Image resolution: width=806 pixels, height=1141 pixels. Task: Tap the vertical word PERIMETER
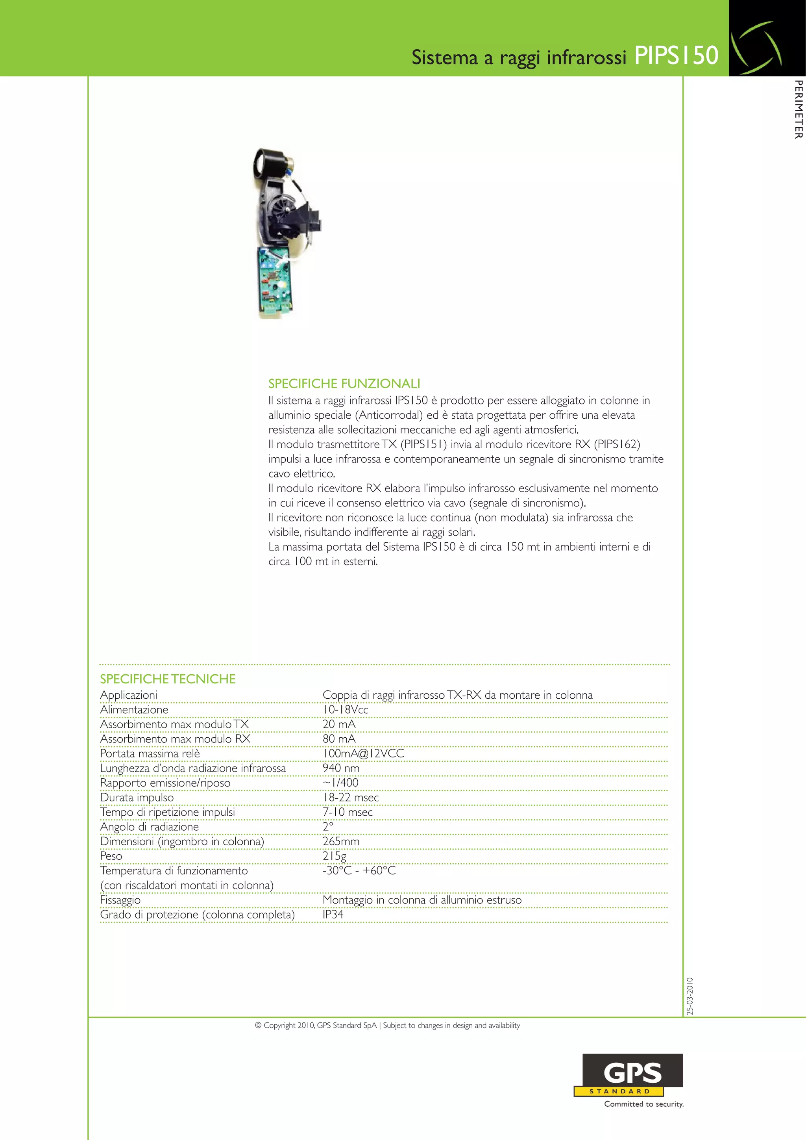tap(798, 109)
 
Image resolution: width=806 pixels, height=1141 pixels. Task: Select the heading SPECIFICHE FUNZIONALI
tap(344, 383)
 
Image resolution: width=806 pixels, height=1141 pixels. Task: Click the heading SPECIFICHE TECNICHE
tap(168, 679)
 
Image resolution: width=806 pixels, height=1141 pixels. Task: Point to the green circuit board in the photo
tap(274, 282)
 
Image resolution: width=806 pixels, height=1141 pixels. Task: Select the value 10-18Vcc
tap(345, 710)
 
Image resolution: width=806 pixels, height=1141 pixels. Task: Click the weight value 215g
tap(334, 856)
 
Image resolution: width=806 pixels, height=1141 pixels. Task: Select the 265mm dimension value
tap(341, 841)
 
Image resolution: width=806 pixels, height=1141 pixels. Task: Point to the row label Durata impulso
tap(137, 797)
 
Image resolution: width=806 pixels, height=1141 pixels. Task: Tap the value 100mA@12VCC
tap(363, 753)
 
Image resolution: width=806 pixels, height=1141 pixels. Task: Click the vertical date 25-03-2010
tap(690, 996)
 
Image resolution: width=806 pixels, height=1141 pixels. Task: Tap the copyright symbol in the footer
tap(258, 1025)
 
